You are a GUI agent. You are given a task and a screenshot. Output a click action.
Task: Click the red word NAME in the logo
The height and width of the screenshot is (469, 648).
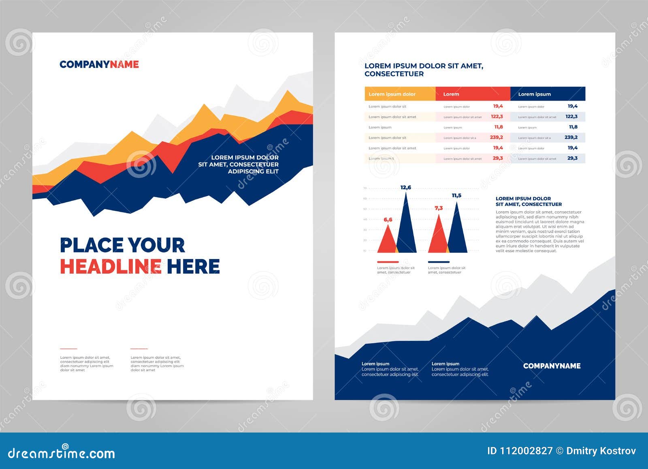click(x=124, y=64)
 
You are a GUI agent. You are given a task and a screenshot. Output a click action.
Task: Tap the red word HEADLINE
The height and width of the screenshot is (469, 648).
click(x=111, y=267)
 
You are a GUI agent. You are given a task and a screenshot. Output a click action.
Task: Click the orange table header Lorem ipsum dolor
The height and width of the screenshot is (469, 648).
click(x=392, y=94)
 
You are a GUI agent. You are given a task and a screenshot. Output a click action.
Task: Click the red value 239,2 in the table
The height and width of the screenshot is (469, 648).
click(x=496, y=137)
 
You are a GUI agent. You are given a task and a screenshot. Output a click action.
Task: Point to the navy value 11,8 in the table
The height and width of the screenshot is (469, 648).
click(x=573, y=127)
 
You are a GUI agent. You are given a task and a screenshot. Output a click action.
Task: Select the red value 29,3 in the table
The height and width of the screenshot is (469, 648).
click(x=498, y=158)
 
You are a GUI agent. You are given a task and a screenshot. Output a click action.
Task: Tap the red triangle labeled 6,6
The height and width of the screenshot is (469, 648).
click(x=387, y=241)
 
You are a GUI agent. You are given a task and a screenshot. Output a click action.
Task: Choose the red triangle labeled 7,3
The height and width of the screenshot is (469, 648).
click(x=438, y=237)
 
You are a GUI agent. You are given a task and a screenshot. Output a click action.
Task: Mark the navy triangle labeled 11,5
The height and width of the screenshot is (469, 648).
click(x=457, y=233)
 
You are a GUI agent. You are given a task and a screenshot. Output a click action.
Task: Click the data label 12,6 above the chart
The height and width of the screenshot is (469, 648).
click(x=405, y=187)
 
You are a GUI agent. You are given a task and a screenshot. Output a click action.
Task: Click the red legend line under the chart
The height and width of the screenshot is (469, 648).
click(x=388, y=262)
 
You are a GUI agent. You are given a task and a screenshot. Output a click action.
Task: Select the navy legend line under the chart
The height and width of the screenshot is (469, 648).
click(x=439, y=262)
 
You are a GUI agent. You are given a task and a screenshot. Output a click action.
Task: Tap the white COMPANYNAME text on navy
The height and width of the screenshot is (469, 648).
click(x=552, y=366)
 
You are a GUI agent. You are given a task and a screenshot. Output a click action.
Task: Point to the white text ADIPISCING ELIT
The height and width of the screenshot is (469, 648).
click(x=253, y=171)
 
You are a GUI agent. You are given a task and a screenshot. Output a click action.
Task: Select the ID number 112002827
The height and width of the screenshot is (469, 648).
click(x=526, y=451)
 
